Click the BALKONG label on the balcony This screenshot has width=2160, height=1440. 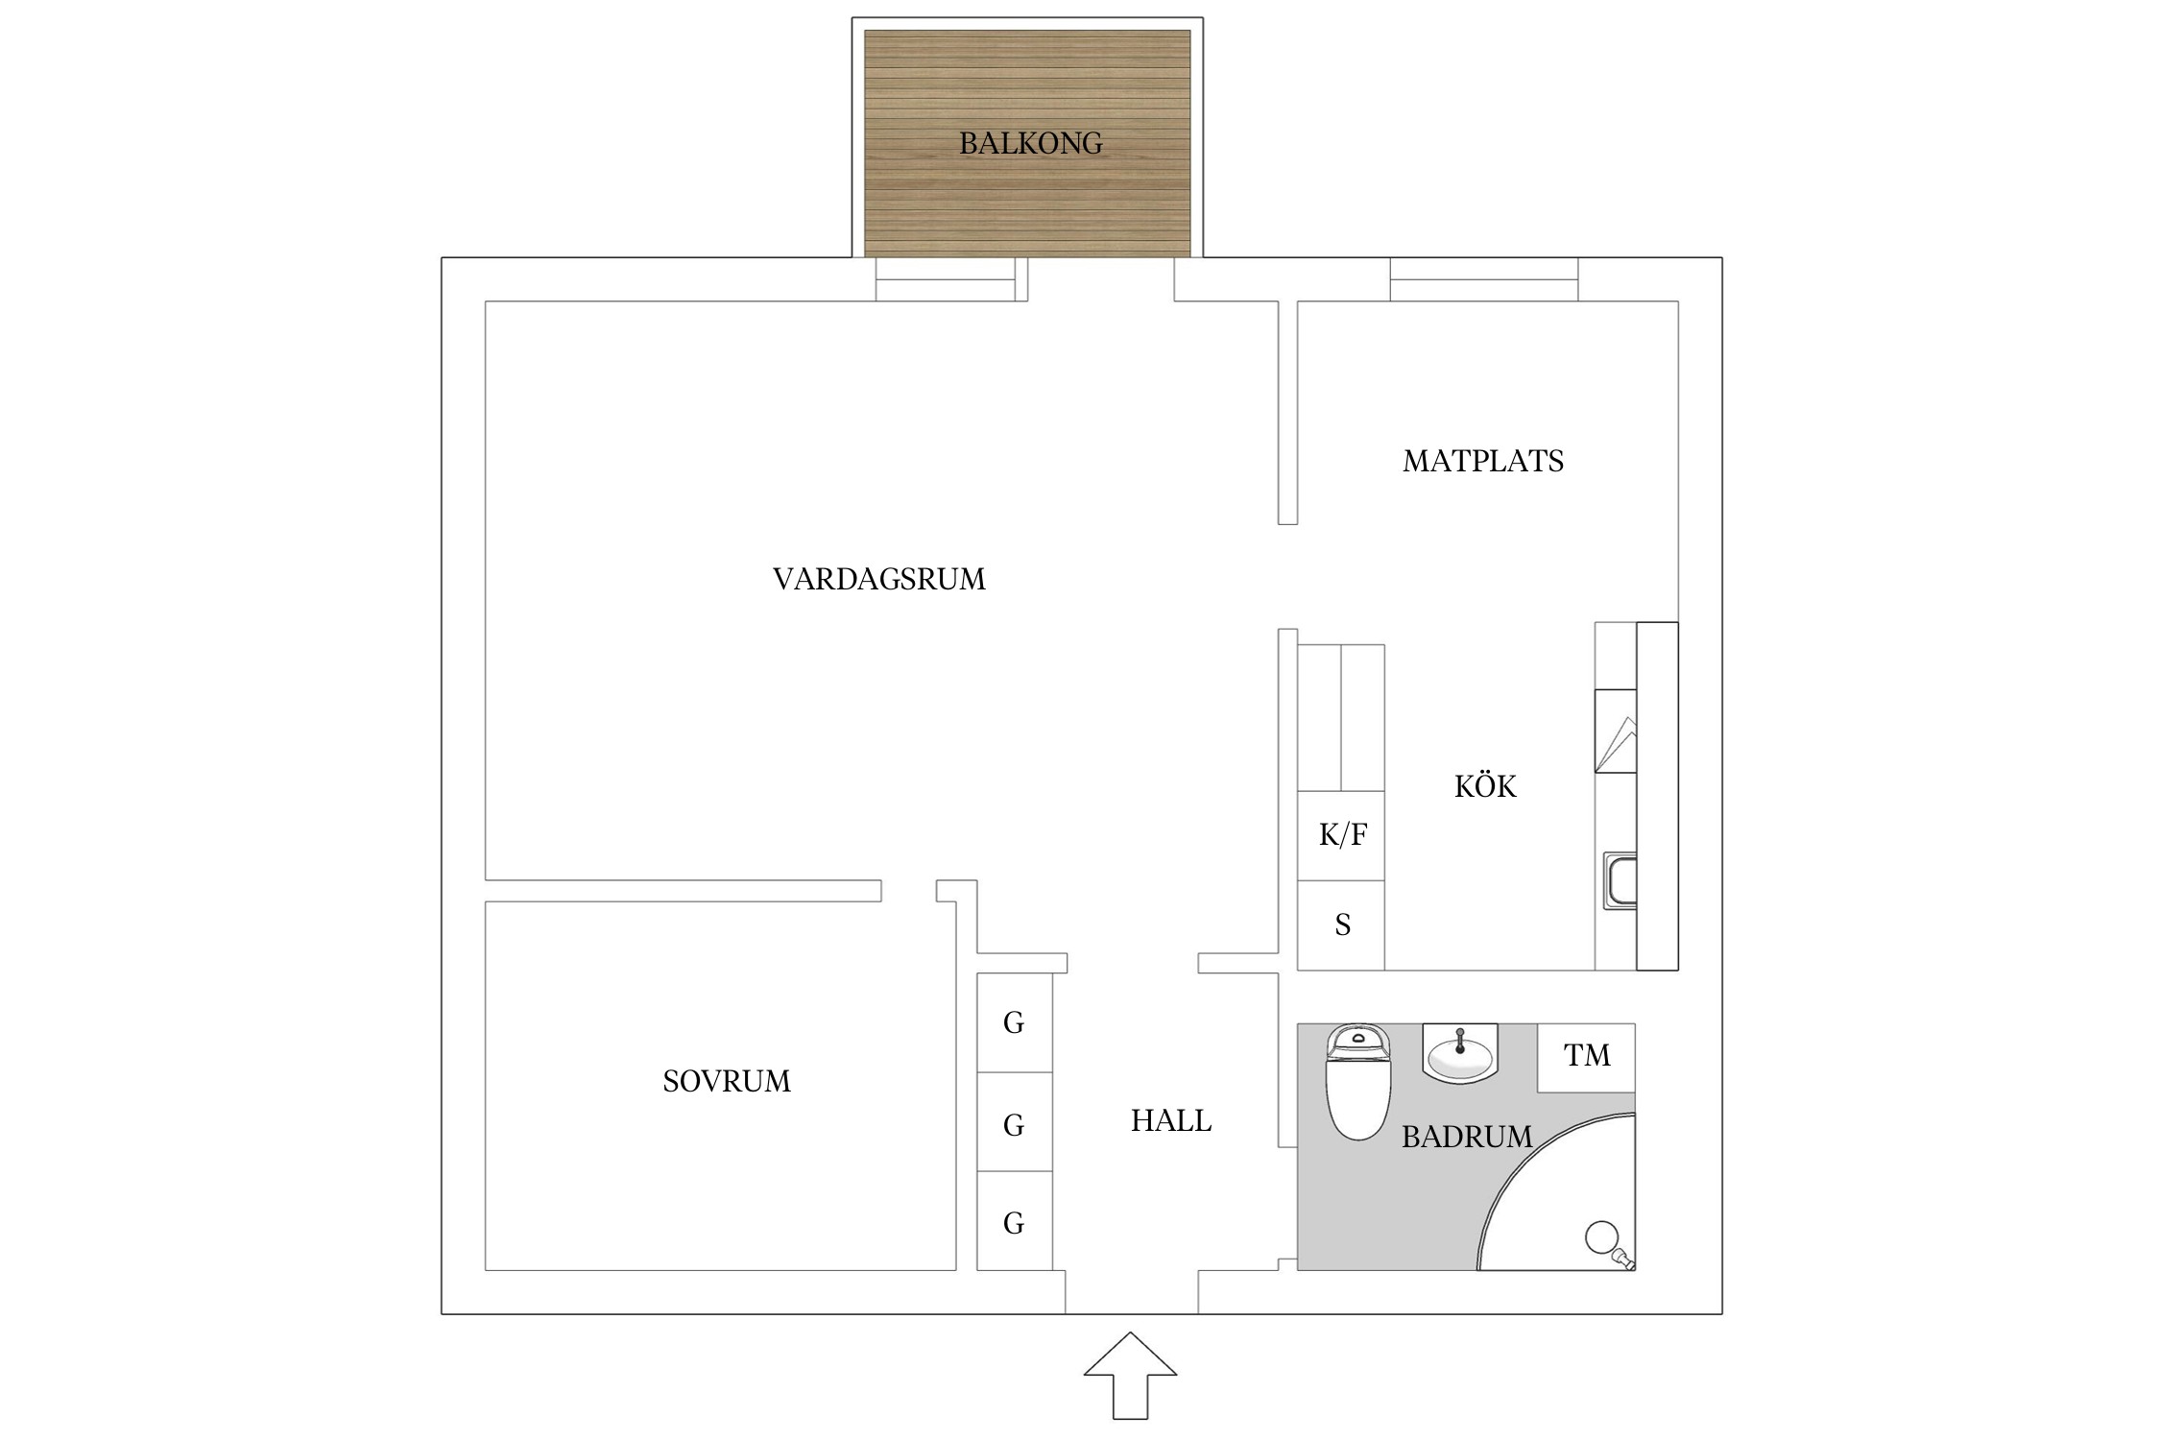click(x=1031, y=143)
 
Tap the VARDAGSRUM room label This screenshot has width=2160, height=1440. click(x=879, y=579)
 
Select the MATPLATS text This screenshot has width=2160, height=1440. click(x=1483, y=461)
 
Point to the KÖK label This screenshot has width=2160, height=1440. click(x=1485, y=785)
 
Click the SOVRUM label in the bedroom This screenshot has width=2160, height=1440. click(x=727, y=1081)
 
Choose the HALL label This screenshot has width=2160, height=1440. click(x=1171, y=1120)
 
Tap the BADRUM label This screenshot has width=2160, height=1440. click(x=1467, y=1137)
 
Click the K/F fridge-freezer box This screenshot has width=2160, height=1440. click(x=1341, y=835)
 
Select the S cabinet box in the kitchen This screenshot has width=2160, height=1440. click(x=1341, y=925)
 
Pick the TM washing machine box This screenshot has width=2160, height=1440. click(x=1586, y=1057)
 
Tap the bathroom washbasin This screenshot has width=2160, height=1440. click(x=1459, y=1053)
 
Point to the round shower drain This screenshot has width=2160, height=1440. click(x=1601, y=1237)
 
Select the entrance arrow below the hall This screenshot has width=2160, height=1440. click(x=1130, y=1375)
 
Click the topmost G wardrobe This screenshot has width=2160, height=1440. click(x=1015, y=1022)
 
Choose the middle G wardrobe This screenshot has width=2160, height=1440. click(x=1015, y=1122)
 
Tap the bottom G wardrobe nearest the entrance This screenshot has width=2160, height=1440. click(x=1015, y=1221)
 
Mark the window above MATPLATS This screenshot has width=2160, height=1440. click(x=1484, y=279)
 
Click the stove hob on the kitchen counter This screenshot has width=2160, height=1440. click(x=1616, y=731)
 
